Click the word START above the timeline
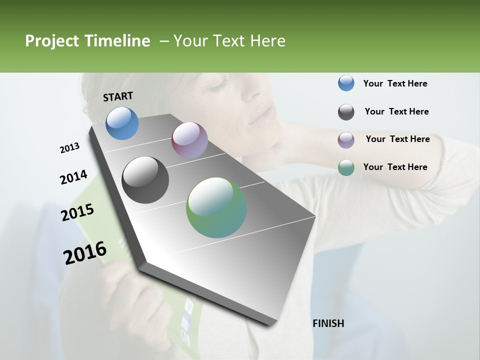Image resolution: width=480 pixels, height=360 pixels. coord(118,96)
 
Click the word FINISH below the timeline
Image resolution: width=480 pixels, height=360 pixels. coord(328,323)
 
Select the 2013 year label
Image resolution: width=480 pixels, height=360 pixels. coord(70,148)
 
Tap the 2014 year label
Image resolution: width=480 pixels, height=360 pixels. coord(73,177)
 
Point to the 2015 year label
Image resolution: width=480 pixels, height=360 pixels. coord(77,212)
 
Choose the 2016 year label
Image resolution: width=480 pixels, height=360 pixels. coord(85,253)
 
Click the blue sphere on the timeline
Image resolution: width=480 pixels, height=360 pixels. coord(122,123)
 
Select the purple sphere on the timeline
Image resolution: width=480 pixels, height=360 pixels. coord(189,139)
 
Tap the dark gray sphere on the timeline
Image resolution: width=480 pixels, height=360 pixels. coord(145,180)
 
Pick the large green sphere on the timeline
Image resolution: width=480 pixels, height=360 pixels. coord(216,207)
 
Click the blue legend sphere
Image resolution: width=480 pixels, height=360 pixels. coord(346,83)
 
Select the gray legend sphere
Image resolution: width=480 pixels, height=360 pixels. coord(346,112)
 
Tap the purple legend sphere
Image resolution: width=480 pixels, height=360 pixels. coord(346,139)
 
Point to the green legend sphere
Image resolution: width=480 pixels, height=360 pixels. coord(346,167)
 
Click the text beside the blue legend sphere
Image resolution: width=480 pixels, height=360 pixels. coord(395,83)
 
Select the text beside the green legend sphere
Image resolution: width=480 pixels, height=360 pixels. coord(395,167)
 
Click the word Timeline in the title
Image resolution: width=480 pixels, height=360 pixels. coord(119,41)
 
